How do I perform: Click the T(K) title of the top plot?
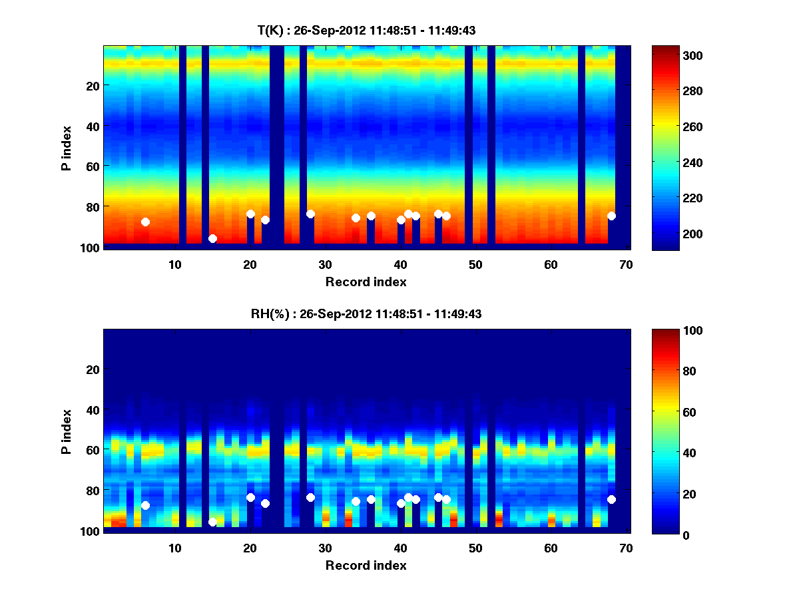coord(366,30)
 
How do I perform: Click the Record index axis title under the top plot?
coord(366,282)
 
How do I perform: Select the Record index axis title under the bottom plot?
coord(366,565)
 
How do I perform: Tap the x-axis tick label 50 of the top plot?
coord(475,264)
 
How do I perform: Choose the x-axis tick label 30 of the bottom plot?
coord(325,548)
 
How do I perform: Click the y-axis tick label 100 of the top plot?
coord(91,248)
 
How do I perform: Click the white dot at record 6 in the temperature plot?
coord(145,222)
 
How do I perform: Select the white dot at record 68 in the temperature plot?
coord(611,216)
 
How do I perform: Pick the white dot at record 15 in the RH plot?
coord(212,522)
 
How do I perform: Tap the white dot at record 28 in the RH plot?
coord(310,497)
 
